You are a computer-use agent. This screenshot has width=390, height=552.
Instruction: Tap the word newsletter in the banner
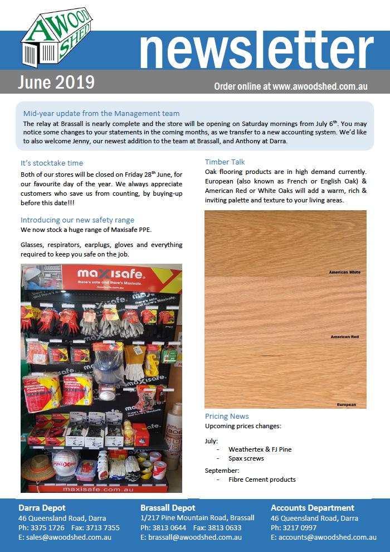(256, 51)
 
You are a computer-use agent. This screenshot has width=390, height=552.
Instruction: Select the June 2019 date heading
(56, 83)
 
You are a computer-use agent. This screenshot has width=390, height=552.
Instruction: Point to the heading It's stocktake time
(52, 163)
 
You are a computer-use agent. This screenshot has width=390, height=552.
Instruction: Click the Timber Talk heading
(225, 162)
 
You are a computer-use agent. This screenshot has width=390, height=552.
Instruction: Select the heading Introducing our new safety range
(77, 220)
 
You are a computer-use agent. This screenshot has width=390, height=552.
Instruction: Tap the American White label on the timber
(344, 272)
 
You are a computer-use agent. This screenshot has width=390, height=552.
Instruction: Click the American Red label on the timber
(344, 337)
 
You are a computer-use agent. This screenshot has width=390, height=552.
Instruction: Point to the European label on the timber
(346, 404)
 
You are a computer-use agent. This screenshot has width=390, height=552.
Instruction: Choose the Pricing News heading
(227, 417)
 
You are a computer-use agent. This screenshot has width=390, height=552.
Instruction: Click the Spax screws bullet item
(246, 458)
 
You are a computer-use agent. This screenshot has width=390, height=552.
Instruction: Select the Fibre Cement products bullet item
(262, 480)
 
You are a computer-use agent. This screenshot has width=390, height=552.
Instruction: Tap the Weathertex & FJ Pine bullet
(260, 449)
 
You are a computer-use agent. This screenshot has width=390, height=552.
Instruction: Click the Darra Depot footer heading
(42, 508)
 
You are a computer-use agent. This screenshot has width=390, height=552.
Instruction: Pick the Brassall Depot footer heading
(168, 508)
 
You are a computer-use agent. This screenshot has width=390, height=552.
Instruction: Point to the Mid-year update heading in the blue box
(101, 114)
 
